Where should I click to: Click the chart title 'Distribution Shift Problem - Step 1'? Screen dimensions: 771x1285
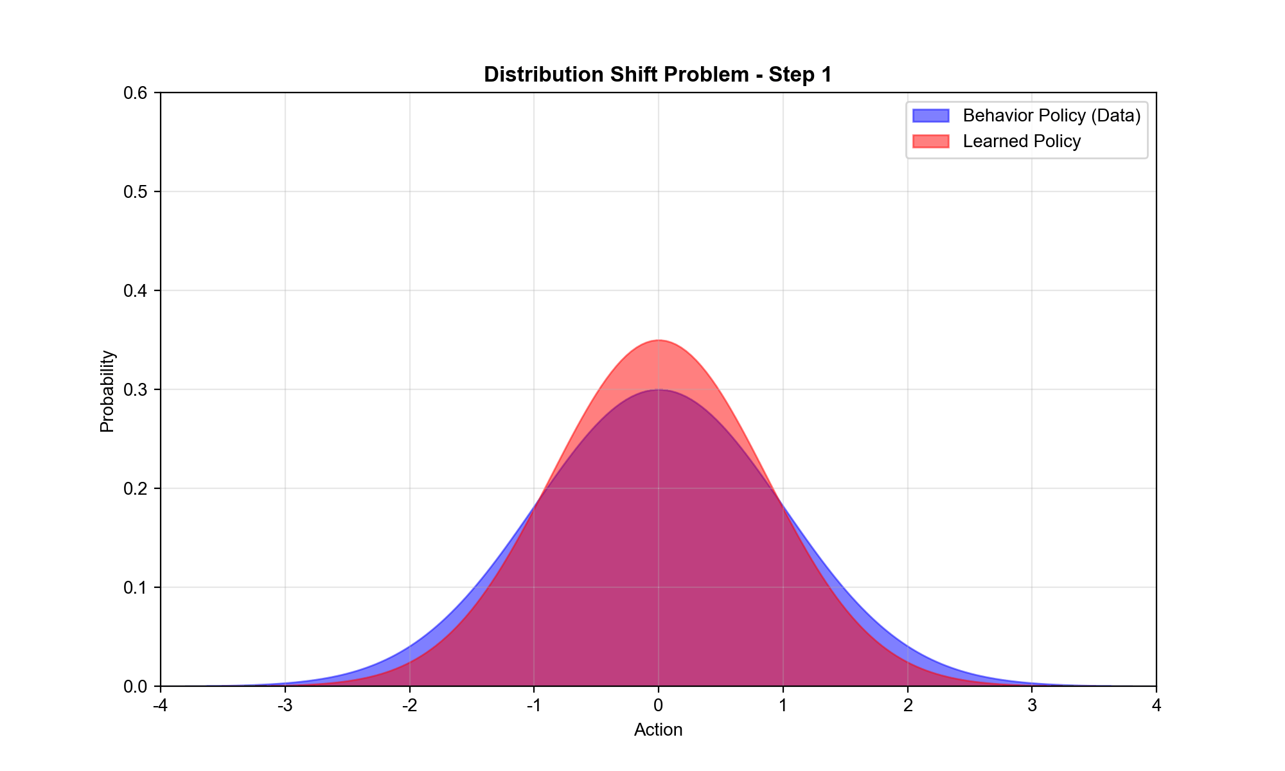point(658,75)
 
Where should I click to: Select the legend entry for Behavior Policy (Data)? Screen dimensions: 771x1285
point(1051,116)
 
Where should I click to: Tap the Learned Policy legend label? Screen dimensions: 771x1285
point(1022,141)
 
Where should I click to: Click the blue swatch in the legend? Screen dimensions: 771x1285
point(930,116)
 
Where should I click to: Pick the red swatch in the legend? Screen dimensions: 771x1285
point(930,141)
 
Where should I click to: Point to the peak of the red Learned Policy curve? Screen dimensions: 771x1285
point(659,341)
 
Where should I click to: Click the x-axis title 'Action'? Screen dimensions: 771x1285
point(658,730)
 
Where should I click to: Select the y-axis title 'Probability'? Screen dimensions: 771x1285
point(107,391)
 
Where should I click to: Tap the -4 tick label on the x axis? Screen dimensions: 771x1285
point(160,705)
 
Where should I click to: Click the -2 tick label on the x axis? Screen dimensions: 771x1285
point(409,705)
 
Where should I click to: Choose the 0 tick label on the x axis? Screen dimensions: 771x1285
point(659,705)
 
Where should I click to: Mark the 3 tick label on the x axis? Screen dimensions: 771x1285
point(1032,705)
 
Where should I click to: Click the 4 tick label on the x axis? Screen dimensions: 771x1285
point(1156,705)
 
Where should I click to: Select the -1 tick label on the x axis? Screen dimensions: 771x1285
point(534,705)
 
